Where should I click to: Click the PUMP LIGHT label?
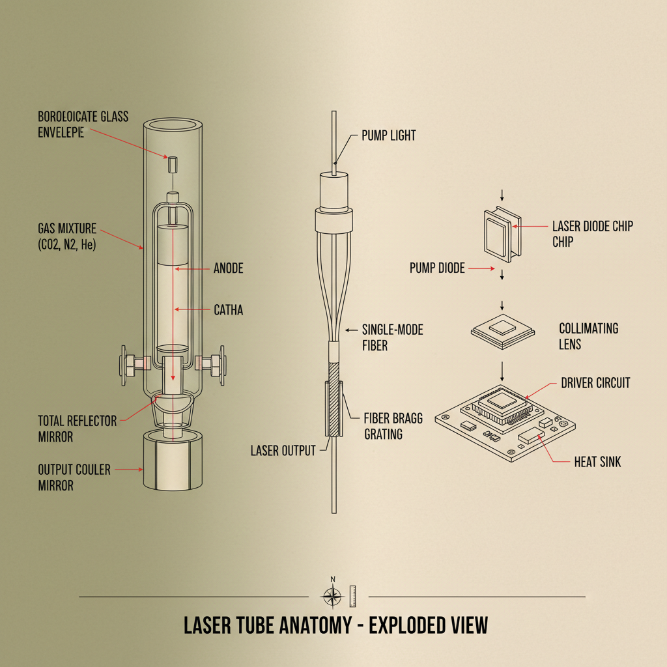(388, 136)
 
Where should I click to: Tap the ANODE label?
(228, 268)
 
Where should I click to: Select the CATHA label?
(228, 310)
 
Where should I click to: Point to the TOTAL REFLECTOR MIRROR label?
(77, 429)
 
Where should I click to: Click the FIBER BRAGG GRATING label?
(392, 425)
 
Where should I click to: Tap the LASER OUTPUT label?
(283, 450)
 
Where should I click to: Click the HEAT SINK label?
(597, 462)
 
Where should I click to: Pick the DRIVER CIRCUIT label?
(595, 383)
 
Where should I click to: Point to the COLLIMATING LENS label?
(588, 335)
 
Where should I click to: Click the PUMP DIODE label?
(437, 268)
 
